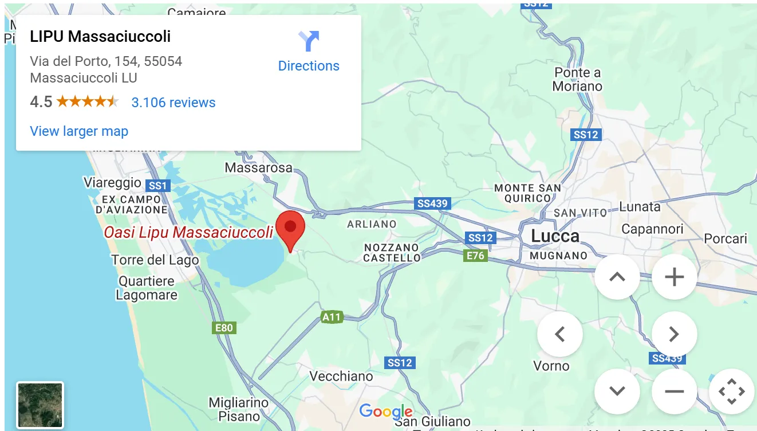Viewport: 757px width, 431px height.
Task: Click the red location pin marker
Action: click(290, 230)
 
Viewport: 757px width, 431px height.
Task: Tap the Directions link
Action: click(309, 65)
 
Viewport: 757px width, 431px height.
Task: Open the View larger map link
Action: click(79, 131)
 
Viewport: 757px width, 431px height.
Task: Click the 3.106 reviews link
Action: click(174, 103)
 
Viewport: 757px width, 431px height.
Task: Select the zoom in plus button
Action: click(674, 277)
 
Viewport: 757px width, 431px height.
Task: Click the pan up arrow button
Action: click(617, 277)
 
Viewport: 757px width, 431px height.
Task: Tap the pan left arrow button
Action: click(559, 334)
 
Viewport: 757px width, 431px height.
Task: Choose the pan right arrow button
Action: click(674, 334)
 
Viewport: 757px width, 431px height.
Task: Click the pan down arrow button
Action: click(617, 391)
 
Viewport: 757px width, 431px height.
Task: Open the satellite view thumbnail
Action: click(40, 405)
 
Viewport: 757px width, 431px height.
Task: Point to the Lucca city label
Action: click(555, 236)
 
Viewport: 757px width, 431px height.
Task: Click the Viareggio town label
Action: click(112, 183)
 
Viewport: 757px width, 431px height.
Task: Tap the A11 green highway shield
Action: click(331, 317)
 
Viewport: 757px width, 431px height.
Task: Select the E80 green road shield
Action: click(223, 328)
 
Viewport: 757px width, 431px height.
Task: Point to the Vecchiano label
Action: click(341, 376)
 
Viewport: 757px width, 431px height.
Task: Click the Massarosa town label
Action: click(258, 168)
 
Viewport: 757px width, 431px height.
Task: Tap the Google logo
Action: click(386, 411)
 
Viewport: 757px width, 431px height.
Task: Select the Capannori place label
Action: click(652, 229)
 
